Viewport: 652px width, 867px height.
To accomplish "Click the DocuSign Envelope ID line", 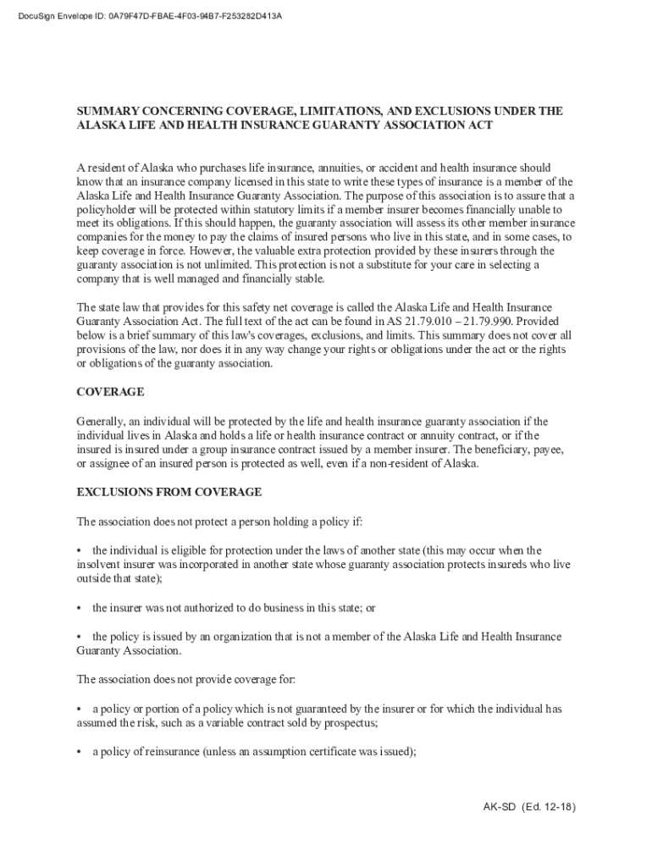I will coord(143,15).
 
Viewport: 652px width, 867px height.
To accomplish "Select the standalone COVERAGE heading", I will coord(110,392).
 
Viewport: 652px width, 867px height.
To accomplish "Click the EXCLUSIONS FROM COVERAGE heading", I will coord(169,492).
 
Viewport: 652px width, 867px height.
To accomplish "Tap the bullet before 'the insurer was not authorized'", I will coord(80,608).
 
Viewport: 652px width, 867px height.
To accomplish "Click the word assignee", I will coord(113,463).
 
